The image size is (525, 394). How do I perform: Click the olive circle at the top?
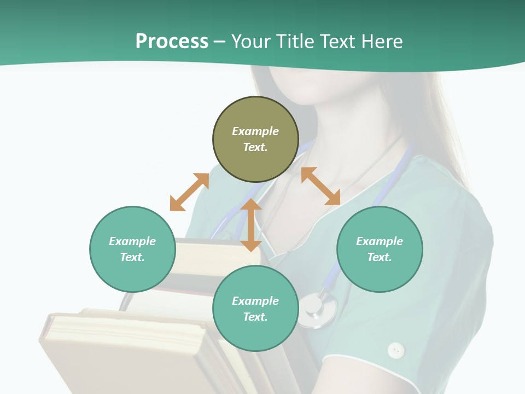[x=255, y=140]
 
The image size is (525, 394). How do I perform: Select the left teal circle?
[x=132, y=249]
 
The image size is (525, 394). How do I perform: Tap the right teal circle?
[x=380, y=249]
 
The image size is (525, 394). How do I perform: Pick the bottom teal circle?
[x=255, y=309]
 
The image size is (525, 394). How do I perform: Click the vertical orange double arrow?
[x=251, y=225]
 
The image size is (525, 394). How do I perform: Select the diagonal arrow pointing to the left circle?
[x=189, y=192]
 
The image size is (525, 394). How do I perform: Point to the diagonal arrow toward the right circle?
[x=321, y=186]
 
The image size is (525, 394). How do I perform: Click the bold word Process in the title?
[x=172, y=41]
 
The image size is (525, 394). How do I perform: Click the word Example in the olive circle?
[x=255, y=131]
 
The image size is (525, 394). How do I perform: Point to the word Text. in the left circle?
[x=132, y=257]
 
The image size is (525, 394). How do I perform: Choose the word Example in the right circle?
[x=380, y=241]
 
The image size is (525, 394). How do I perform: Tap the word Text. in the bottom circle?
[x=255, y=317]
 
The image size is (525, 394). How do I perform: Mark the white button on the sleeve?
[x=395, y=350]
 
